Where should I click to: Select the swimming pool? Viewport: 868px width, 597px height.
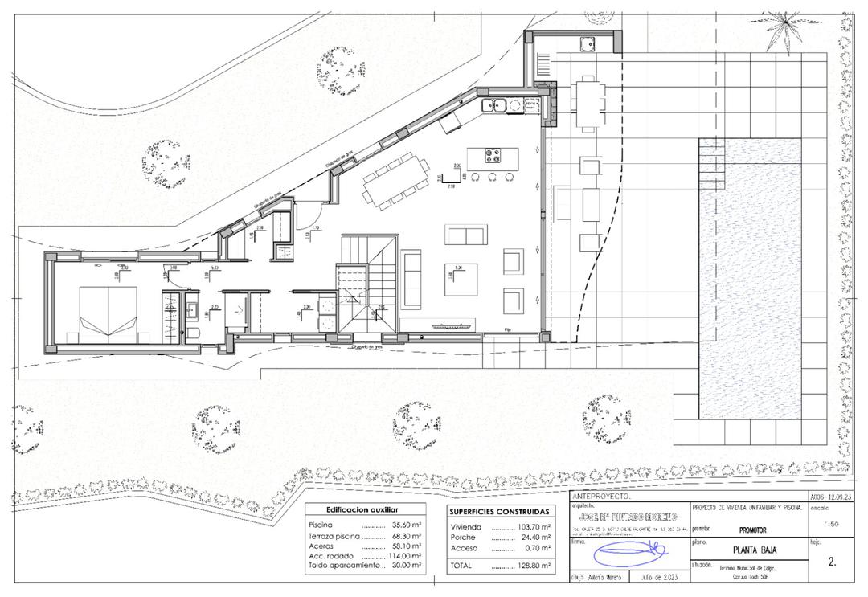point(750,277)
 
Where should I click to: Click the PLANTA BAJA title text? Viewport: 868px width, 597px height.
point(755,550)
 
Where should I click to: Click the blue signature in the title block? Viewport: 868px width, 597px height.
point(632,553)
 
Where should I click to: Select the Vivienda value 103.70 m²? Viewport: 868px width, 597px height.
point(533,527)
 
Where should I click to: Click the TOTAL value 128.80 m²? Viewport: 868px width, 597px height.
point(533,566)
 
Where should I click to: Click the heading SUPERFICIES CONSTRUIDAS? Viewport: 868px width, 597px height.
point(499,511)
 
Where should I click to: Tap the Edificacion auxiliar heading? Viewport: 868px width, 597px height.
point(362,509)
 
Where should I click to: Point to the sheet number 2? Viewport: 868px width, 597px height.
point(832,562)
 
